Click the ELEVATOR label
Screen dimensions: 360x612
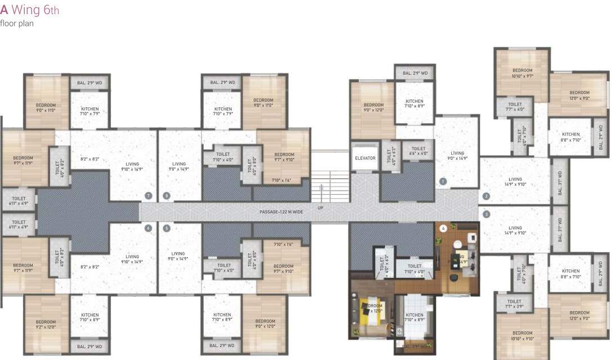pyautogui.click(x=365, y=158)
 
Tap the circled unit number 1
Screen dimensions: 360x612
pyautogui.click(x=443, y=181)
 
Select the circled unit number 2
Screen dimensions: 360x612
pyautogui.click(x=486, y=196)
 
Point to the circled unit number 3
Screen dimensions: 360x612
pyautogui.click(x=486, y=214)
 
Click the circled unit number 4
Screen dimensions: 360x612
pyautogui.click(x=443, y=229)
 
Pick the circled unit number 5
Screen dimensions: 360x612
pyautogui.click(x=166, y=228)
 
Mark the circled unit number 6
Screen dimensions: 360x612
pyautogui.click(x=148, y=228)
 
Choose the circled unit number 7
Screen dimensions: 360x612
pyautogui.click(x=148, y=196)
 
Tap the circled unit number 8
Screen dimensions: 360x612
pyautogui.click(x=166, y=196)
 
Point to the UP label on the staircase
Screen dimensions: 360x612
pyautogui.click(x=321, y=208)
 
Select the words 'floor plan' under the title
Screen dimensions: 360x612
pyautogui.click(x=17, y=24)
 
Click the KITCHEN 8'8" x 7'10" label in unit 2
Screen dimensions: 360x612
pyautogui.click(x=570, y=137)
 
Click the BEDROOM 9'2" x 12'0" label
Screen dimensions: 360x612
pyautogui.click(x=46, y=324)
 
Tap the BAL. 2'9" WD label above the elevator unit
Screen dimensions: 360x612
pyautogui.click(x=414, y=74)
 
